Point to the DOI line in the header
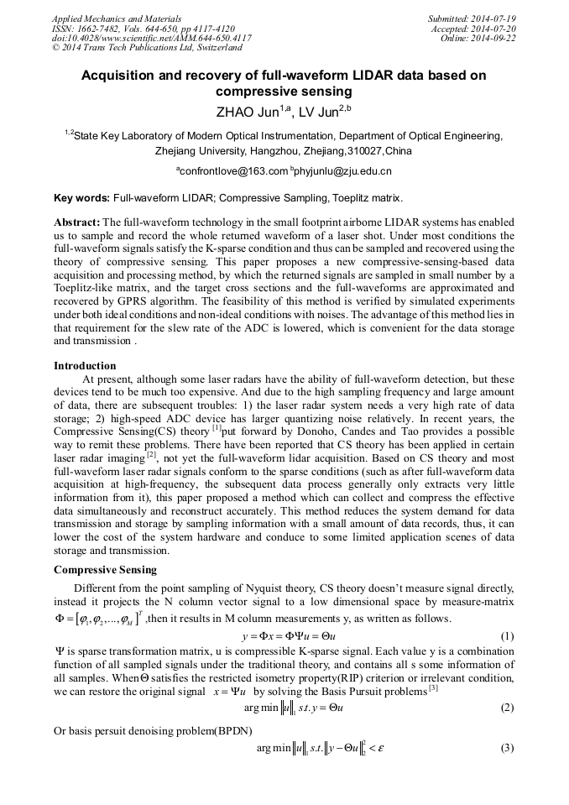click(x=151, y=38)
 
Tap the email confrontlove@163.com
click(x=232, y=170)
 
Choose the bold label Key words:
click(x=81, y=199)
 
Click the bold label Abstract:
click(x=76, y=222)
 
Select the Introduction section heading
click(x=85, y=366)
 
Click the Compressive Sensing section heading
click(x=105, y=570)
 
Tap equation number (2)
click(x=506, y=708)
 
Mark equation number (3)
click(x=506, y=748)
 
